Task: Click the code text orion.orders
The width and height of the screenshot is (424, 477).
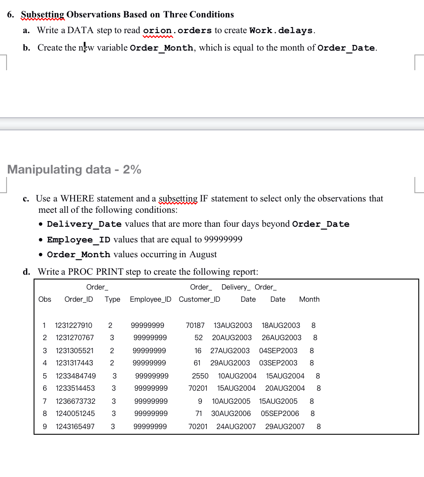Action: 177,31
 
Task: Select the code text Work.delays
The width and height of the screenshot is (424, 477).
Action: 281,31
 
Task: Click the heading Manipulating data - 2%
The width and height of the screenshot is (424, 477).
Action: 74,170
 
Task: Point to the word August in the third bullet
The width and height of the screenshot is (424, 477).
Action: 203,254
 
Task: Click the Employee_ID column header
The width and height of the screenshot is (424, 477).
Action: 150,299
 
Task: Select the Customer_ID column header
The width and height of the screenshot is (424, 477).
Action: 199,299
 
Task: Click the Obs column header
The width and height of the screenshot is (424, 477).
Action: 44,299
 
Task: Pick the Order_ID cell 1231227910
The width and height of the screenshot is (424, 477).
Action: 73,325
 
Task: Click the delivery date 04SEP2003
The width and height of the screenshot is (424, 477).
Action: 278,351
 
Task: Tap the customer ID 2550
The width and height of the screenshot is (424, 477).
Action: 200,376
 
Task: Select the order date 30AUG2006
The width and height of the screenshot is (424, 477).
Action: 231,413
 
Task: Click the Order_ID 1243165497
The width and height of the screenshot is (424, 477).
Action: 75,426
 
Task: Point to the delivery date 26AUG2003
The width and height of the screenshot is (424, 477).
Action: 281,337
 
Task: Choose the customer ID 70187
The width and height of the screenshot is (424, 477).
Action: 195,325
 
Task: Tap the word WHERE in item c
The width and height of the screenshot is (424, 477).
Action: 75,198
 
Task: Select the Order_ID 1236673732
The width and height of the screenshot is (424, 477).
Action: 75,401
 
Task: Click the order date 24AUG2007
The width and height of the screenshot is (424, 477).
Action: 236,426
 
